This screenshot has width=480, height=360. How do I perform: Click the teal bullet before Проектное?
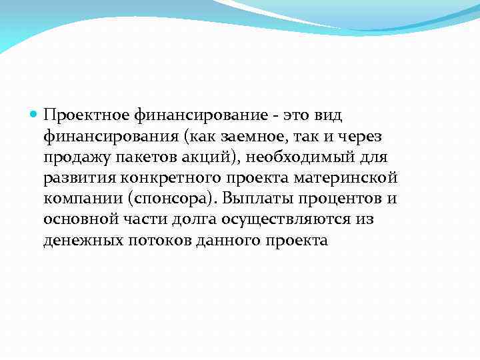[34, 115]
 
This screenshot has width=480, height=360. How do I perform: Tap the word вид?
[326, 115]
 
